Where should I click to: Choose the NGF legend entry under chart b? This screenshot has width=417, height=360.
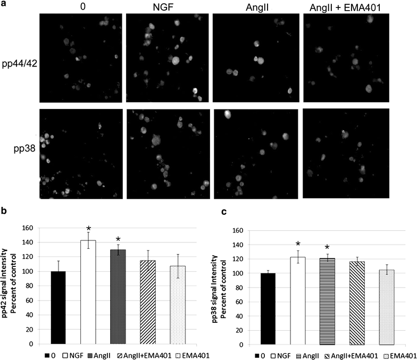70,354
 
